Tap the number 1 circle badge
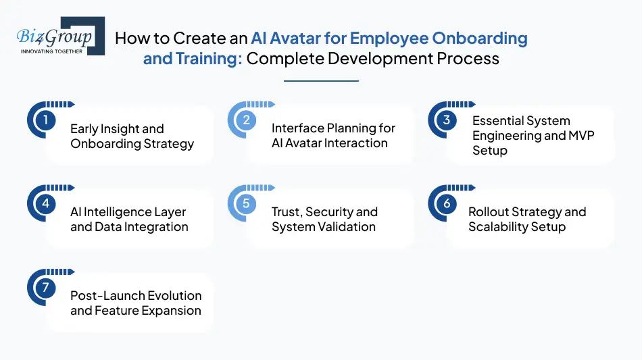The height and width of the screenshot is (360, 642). coord(45,120)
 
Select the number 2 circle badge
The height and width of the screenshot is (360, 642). coord(247,120)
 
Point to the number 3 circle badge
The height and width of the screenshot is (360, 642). coord(447,120)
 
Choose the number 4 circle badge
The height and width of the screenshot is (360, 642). coord(45,204)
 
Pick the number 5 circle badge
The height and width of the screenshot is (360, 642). coord(247,204)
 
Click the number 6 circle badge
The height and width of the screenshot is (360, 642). coord(447,204)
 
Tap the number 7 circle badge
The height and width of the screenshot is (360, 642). coord(45,288)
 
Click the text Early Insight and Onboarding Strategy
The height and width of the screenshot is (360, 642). coord(132,136)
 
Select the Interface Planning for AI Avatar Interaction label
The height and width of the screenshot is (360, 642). coord(333,136)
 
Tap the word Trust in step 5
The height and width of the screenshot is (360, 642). coord(287,212)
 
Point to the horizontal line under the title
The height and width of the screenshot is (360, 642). coord(321,81)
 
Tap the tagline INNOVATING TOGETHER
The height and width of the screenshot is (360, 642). coord(52,51)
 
